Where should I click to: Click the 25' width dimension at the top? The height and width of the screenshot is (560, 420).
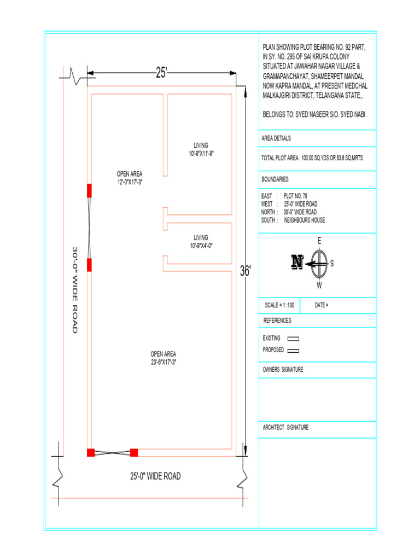pos(162,72)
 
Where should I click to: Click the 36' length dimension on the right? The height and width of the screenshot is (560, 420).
pos(246,270)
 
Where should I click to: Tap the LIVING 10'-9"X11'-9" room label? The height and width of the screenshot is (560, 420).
pos(201,149)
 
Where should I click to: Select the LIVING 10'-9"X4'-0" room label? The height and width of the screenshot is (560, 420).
pos(201,241)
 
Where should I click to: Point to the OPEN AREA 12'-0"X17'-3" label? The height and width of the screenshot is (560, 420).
pos(130,178)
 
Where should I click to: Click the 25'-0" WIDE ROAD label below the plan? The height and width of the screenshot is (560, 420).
pos(155,476)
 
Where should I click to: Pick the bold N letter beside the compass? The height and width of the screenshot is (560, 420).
pos(297,262)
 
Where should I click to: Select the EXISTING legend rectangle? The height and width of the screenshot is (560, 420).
pos(294,339)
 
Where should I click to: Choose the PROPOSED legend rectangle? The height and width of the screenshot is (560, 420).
pos(294,351)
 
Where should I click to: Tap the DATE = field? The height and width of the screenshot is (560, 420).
pos(322,305)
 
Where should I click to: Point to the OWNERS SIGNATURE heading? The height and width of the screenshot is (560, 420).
pos(283,370)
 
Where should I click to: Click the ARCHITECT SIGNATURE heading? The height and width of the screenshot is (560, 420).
pos(286,428)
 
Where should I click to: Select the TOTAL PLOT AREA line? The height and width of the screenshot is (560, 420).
pos(313,157)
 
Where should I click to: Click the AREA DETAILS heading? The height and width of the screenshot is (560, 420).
pos(277,138)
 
